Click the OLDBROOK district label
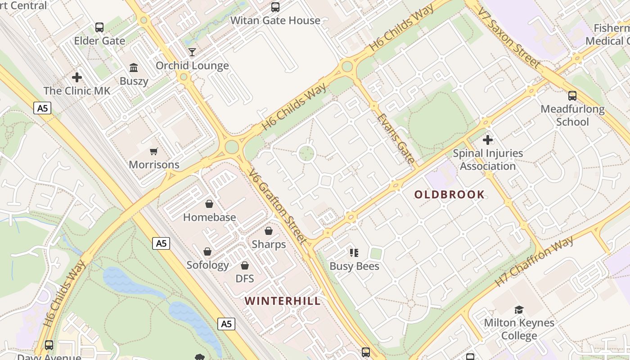point(450,194)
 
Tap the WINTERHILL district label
point(283,301)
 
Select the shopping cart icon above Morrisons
point(154,152)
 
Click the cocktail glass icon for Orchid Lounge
point(192,52)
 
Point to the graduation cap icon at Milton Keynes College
point(519,310)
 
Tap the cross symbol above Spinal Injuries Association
point(487,140)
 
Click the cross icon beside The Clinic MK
point(77,77)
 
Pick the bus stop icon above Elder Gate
point(99,27)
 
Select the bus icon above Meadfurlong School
point(572,96)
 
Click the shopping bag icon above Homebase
point(209,204)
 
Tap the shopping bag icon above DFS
point(245,266)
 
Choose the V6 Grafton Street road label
point(278,207)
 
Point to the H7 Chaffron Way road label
point(534,261)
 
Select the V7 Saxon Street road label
point(508,38)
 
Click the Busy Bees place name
point(354,266)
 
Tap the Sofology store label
point(207,265)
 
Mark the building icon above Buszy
point(134,68)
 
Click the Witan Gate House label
point(275,20)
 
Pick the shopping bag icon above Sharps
point(269,231)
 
